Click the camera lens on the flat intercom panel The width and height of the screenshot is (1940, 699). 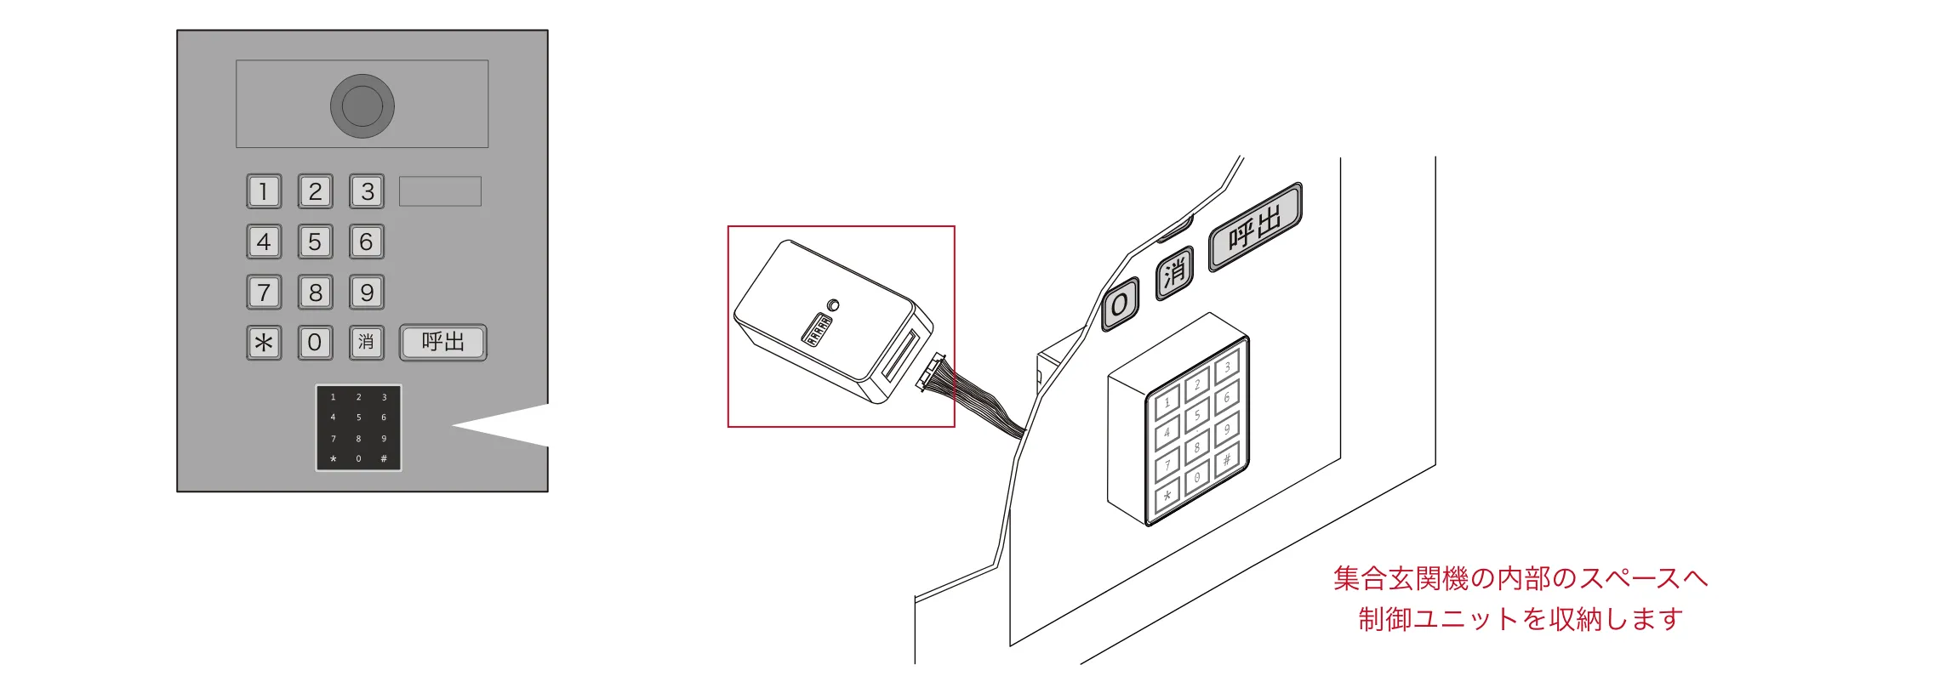[362, 105]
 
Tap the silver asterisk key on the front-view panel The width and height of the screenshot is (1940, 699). [264, 343]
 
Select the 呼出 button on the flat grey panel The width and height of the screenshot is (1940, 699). [443, 343]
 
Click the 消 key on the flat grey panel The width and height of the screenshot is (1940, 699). [366, 343]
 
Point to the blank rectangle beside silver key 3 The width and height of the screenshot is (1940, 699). [440, 191]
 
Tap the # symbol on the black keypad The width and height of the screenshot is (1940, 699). [384, 459]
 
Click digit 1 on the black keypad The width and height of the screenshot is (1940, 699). [334, 397]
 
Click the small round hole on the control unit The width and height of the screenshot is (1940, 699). [833, 305]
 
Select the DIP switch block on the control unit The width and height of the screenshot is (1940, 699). [818, 330]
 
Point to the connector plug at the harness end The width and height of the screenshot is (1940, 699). [933, 372]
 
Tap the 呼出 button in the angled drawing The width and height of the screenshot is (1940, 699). [1255, 227]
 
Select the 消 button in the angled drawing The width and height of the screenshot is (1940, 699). [1174, 273]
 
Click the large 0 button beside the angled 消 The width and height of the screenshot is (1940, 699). [1120, 304]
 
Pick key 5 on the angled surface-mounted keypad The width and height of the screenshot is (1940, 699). [1196, 416]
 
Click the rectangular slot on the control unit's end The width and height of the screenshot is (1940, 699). [901, 355]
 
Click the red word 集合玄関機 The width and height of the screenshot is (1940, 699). [1401, 578]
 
